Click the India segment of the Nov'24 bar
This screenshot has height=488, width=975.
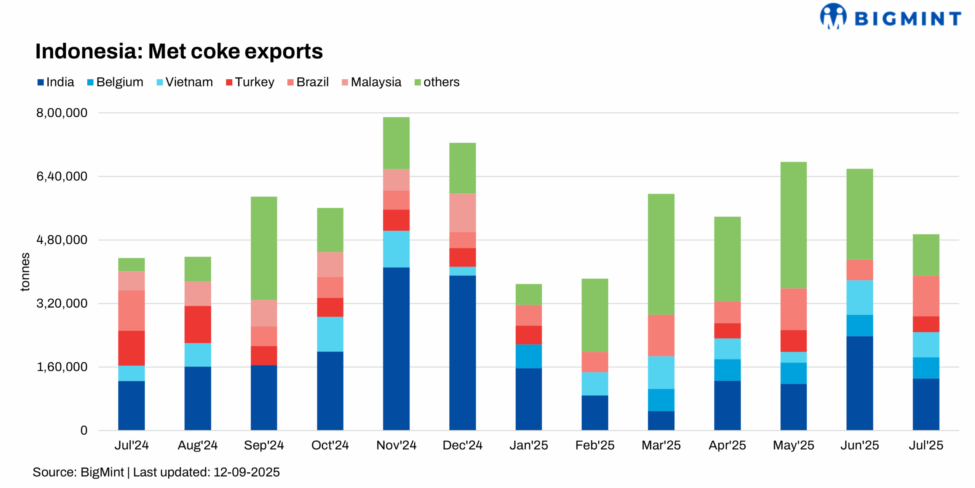396,349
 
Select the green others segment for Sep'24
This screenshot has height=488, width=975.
264,248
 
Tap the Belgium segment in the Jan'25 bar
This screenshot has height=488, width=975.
529,356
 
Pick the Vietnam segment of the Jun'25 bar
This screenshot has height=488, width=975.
859,297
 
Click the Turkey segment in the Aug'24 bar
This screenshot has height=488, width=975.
198,324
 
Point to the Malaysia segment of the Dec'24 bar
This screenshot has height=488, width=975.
462,213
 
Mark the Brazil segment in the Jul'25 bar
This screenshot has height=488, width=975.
925,296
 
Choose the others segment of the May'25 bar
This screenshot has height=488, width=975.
793,225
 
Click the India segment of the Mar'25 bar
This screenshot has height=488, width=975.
661,421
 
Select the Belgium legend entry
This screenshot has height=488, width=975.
115,82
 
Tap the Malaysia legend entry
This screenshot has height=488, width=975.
371,82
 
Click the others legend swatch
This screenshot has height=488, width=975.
417,82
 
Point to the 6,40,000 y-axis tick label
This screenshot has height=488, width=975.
62,176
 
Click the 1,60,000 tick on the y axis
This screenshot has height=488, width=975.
62,367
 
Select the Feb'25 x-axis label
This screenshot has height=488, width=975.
595,445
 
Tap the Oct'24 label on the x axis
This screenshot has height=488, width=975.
330,445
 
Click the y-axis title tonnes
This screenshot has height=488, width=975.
25,272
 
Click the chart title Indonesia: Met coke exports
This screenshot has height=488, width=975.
179,51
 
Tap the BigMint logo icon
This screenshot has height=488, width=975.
833,16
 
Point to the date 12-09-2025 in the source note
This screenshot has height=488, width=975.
246,472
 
